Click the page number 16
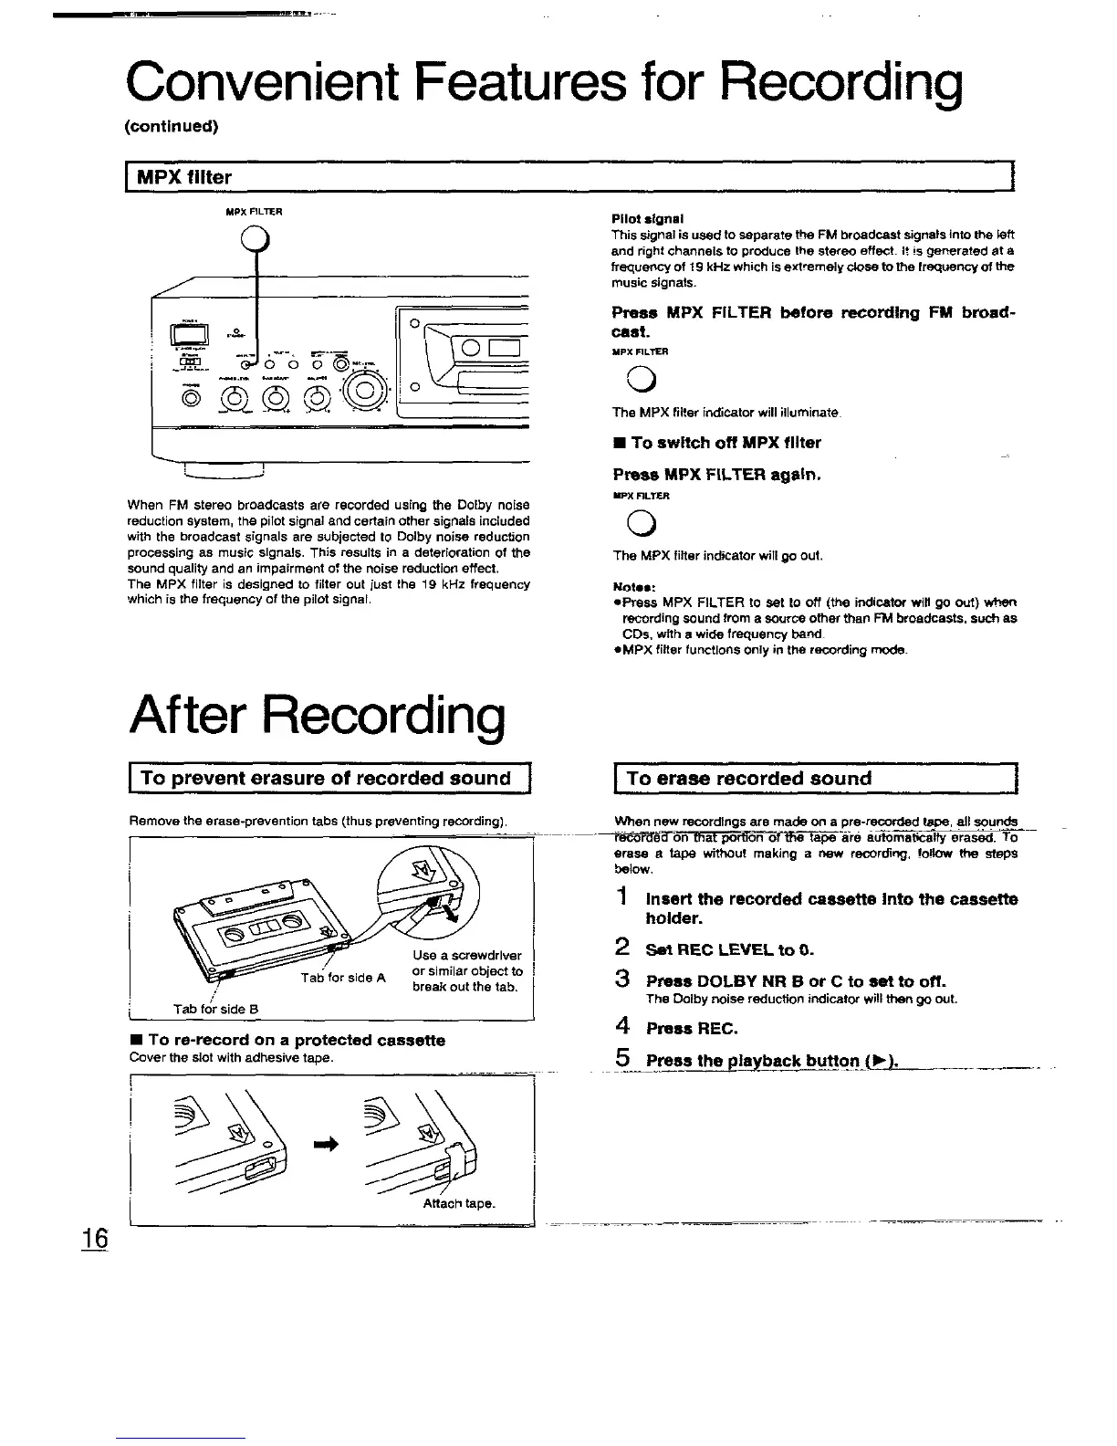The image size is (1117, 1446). coord(94,1239)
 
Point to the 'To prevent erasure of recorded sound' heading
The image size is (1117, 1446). coord(326,779)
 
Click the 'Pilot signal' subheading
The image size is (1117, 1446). coord(648,219)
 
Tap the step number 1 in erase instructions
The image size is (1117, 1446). coord(621,898)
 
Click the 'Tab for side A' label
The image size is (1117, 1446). coord(343,978)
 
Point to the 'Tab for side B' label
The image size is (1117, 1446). coord(217,1009)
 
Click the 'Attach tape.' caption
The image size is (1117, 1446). coord(459,1203)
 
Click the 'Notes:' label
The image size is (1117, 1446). coord(632,587)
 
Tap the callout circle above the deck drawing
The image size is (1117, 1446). coord(256,241)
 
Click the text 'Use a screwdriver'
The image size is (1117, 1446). coord(466,956)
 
